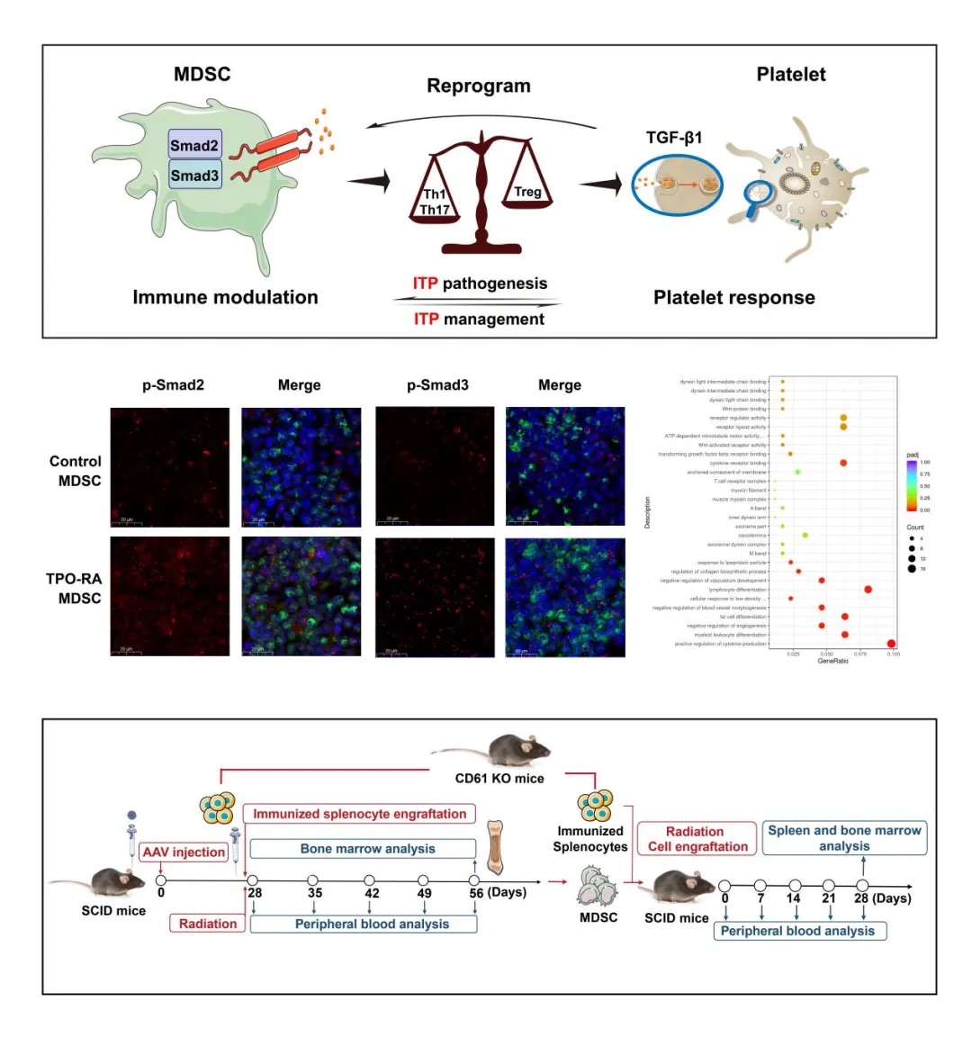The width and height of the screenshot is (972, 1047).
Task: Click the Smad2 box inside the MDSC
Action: click(x=194, y=146)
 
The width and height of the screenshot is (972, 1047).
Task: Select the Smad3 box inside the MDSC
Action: click(x=194, y=176)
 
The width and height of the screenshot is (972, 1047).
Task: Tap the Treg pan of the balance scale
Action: click(x=527, y=193)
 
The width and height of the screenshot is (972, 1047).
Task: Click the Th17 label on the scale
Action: click(x=435, y=210)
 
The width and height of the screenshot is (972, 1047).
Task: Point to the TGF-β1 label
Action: click(x=674, y=138)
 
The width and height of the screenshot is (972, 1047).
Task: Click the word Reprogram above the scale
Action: click(x=478, y=86)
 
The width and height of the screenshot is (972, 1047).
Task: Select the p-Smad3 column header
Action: click(x=437, y=385)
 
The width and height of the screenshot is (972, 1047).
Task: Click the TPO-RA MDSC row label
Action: click(x=74, y=589)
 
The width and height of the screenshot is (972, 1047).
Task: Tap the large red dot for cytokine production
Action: click(x=891, y=643)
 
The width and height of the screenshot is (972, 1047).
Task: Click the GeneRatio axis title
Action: click(x=832, y=661)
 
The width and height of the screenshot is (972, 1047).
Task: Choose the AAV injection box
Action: click(x=184, y=852)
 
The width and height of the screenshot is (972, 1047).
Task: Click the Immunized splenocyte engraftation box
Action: click(x=359, y=814)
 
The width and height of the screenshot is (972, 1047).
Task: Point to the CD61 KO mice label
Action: click(x=499, y=778)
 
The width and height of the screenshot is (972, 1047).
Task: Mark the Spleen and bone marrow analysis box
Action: click(x=844, y=838)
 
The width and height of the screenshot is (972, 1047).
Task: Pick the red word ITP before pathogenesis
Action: click(x=425, y=284)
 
